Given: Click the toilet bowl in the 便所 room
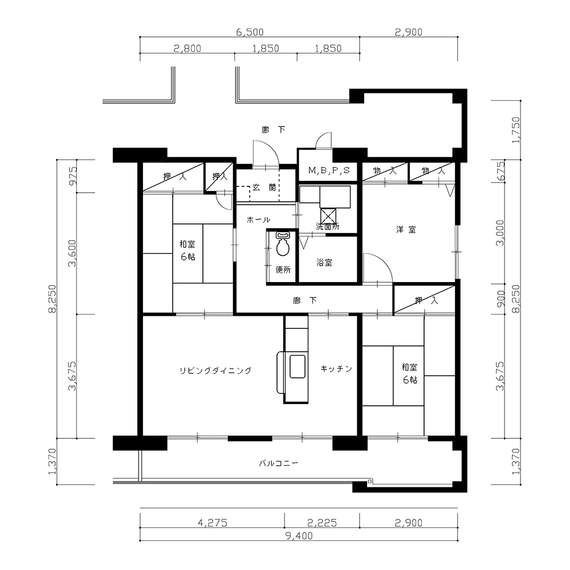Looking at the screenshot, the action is point(283,247).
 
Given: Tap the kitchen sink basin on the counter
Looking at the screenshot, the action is point(297,367).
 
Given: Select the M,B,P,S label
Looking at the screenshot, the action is point(329,170).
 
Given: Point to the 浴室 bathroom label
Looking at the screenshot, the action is point(324,262).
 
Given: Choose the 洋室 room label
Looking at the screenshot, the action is point(406,229).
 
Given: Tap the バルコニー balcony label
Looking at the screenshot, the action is point(279,463).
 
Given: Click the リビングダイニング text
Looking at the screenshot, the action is point(215,370).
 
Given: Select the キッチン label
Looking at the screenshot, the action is point(336,369).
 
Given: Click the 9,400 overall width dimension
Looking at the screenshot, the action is point(299,535).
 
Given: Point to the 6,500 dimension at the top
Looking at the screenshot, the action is point(250,32).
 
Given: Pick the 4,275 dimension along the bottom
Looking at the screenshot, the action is point(212,523).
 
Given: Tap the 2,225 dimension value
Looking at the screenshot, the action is point(322,523).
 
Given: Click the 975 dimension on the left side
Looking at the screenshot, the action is point(73,176).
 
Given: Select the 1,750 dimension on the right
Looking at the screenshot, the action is point(515,130).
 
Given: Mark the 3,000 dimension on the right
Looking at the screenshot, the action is point(500,233).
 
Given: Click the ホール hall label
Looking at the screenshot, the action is point(258,219).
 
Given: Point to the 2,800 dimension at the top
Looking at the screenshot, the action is point(187,48).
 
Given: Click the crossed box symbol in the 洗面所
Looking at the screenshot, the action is point(328,215).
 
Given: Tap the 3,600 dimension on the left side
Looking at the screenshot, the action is point(73,253).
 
